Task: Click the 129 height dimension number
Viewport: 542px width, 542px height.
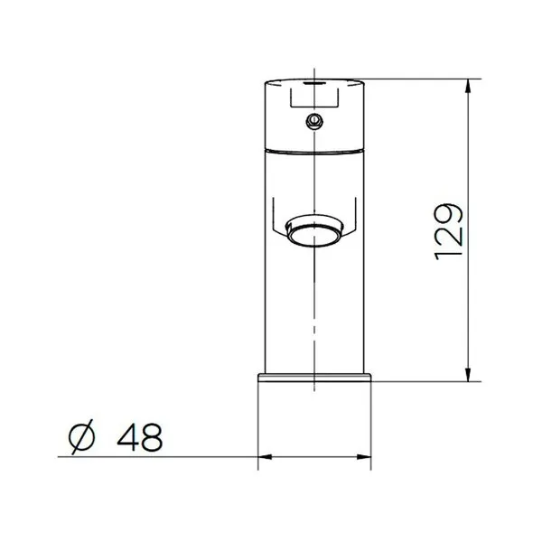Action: pyautogui.click(x=448, y=231)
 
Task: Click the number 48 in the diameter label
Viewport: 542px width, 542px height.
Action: pyautogui.click(x=140, y=437)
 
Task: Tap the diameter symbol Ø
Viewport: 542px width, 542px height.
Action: pyautogui.click(x=81, y=437)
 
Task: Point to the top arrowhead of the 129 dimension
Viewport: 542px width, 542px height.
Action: pyautogui.click(x=468, y=86)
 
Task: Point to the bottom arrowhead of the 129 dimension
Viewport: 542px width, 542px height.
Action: pyautogui.click(x=468, y=375)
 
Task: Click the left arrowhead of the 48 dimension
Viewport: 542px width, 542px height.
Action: pyautogui.click(x=265, y=457)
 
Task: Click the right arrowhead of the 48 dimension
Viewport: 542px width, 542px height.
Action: pyautogui.click(x=364, y=457)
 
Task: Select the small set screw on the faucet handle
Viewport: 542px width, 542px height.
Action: pyautogui.click(x=314, y=121)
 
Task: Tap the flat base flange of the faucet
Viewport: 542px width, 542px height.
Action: pyautogui.click(x=314, y=378)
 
